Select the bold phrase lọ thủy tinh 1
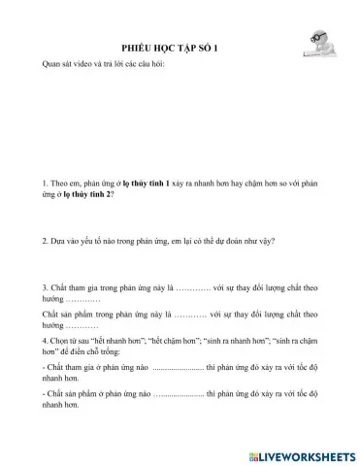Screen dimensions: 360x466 pyautogui.click(x=142, y=182)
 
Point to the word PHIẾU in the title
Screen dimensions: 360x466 pyautogui.click(x=136, y=46)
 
